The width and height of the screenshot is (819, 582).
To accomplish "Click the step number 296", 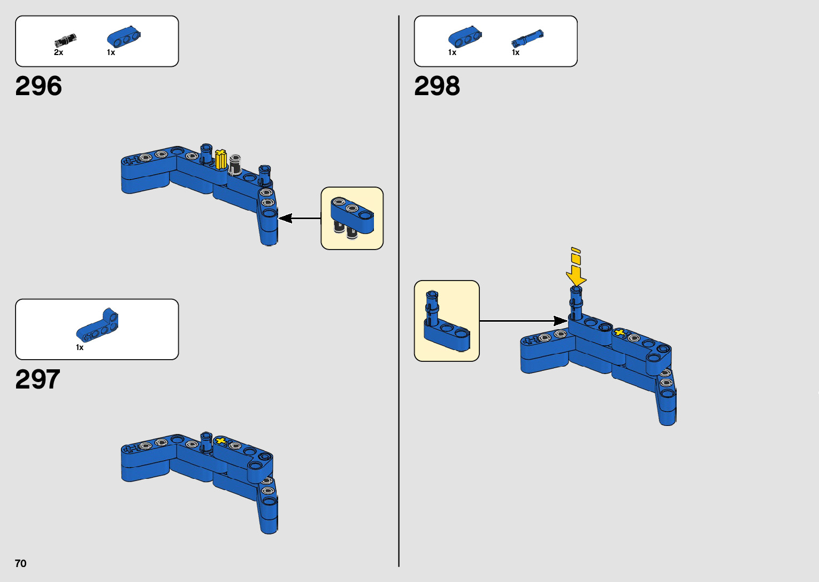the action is [39, 86].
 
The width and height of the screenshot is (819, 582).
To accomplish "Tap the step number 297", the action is [37, 379].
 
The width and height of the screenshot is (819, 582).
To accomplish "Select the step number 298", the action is [437, 86].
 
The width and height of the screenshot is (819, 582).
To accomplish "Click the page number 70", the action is [20, 563].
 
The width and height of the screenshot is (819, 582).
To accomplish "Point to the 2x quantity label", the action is [58, 52].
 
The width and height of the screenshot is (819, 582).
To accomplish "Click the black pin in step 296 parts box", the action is [65, 40].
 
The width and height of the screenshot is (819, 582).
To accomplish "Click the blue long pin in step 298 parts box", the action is [527, 38].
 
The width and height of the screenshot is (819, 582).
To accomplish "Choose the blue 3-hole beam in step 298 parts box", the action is [465, 37].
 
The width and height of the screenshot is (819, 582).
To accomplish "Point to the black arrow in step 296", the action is [300, 218].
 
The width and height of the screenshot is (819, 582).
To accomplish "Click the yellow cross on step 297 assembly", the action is [220, 441].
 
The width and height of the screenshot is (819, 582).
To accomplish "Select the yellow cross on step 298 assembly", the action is [619, 333].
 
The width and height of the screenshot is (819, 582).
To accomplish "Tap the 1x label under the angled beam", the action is [80, 347].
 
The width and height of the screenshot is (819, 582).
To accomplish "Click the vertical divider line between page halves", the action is [399, 291].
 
